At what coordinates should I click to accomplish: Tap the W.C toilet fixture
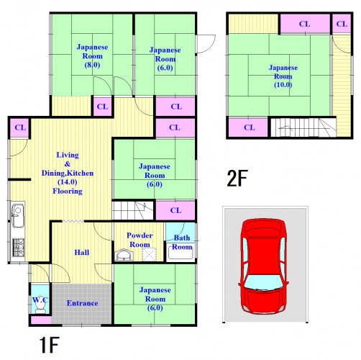pyautogui.click(x=40, y=307)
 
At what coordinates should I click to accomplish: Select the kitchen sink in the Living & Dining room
pyautogui.click(x=17, y=216)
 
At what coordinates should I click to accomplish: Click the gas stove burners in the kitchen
pyautogui.click(x=18, y=248)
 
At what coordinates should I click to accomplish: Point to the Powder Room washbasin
pyautogui.click(x=124, y=256)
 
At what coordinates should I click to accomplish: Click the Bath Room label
pyautogui.click(x=182, y=243)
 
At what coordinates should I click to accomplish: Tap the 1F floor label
pyautogui.click(x=50, y=345)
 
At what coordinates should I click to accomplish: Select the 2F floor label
pyautogui.click(x=237, y=178)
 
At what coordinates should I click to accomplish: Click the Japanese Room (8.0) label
pyautogui.click(x=92, y=56)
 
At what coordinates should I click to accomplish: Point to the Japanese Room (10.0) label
pyautogui.click(x=283, y=76)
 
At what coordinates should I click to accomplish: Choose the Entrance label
pyautogui.click(x=82, y=303)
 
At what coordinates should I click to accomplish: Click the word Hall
pyautogui.click(x=82, y=253)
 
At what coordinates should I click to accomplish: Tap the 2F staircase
pyautogui.click(x=303, y=127)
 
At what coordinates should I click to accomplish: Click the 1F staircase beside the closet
pyautogui.click(x=133, y=210)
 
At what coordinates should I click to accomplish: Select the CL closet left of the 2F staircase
pyautogui.click(x=248, y=127)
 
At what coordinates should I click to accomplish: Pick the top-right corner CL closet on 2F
pyautogui.click(x=342, y=24)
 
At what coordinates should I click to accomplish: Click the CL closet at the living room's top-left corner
pyautogui.click(x=19, y=127)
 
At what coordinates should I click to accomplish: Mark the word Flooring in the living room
pyautogui.click(x=68, y=192)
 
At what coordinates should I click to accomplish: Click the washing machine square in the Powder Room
pyautogui.click(x=149, y=254)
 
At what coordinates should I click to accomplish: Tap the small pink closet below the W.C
pyautogui.click(x=41, y=320)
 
